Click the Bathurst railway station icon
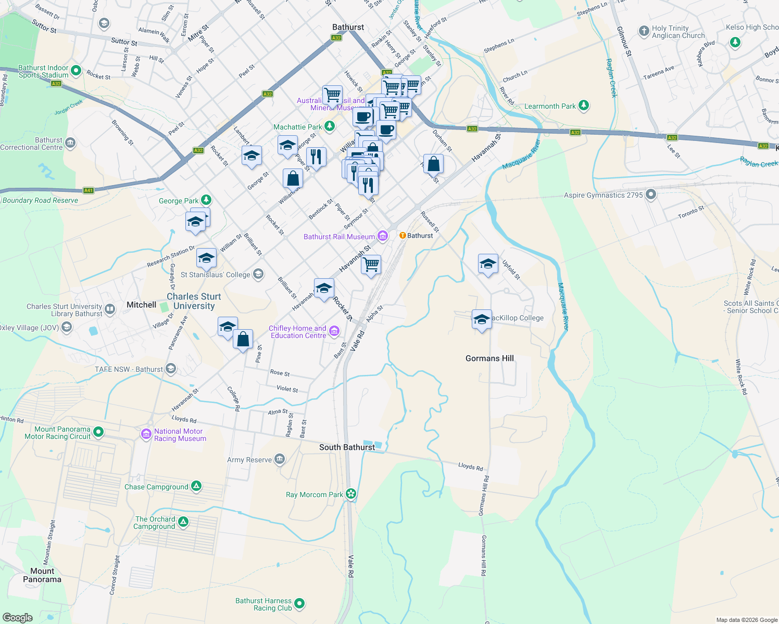pyautogui.click(x=403, y=236)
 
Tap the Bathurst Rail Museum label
pyautogui.click(x=339, y=237)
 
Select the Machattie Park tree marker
pyautogui.click(x=329, y=126)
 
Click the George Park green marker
pyautogui.click(x=206, y=200)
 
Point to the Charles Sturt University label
pyautogui.click(x=194, y=301)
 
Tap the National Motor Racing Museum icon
pyautogui.click(x=146, y=434)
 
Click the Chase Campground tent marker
pyautogui.click(x=196, y=486)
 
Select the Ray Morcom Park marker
pyautogui.click(x=351, y=493)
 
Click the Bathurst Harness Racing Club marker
pyautogui.click(x=299, y=603)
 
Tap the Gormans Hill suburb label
pyautogui.click(x=489, y=358)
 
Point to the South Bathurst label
pyautogui.click(x=347, y=447)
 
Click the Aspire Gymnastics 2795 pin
pyautogui.click(x=650, y=195)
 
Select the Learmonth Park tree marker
pyautogui.click(x=583, y=106)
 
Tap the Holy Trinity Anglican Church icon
pyautogui.click(x=644, y=31)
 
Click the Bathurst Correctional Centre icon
pyautogui.click(x=70, y=143)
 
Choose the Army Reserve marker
pyautogui.click(x=280, y=459)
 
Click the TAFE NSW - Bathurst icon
pyautogui.click(x=171, y=369)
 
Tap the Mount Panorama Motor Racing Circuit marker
pyautogui.click(x=98, y=432)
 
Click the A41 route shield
pyautogui.click(x=89, y=190)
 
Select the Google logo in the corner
pyautogui.click(x=18, y=617)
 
